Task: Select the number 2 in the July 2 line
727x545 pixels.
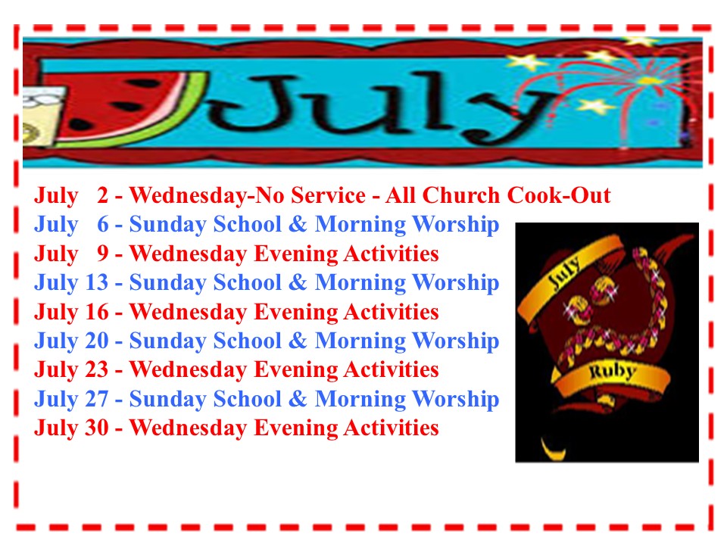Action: pyautogui.click(x=102, y=195)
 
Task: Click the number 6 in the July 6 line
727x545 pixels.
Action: pyautogui.click(x=102, y=224)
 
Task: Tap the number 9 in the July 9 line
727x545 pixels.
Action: pyautogui.click(x=102, y=254)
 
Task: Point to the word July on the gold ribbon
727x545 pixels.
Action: pyautogui.click(x=563, y=273)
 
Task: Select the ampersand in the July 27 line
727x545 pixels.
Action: pyautogui.click(x=298, y=399)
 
